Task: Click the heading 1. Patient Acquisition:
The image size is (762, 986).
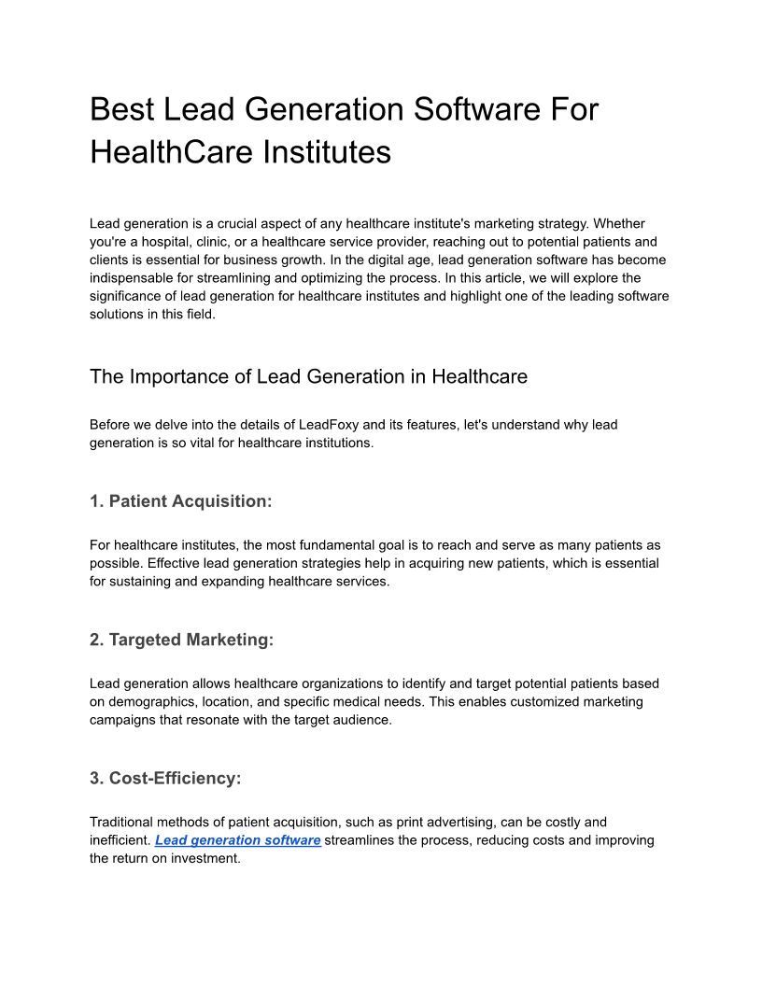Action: click(181, 501)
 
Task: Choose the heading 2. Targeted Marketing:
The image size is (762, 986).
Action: click(182, 640)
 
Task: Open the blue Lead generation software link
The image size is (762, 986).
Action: click(238, 840)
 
